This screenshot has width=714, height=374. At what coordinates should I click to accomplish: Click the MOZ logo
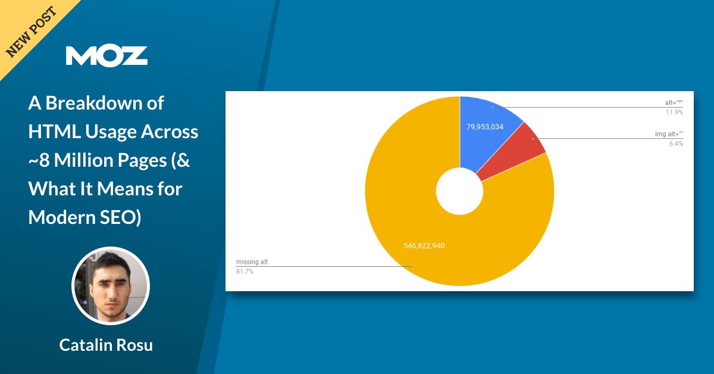click(x=107, y=56)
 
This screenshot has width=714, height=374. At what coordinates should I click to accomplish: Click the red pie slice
click(x=516, y=150)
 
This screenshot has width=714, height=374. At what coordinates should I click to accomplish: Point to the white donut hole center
click(x=459, y=191)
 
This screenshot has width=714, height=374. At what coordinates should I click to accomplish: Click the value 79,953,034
click(x=485, y=127)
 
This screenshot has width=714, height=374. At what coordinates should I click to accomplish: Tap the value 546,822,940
click(x=424, y=246)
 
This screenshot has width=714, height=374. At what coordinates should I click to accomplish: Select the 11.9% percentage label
click(x=674, y=113)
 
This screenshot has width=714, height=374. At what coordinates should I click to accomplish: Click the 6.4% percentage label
click(x=676, y=144)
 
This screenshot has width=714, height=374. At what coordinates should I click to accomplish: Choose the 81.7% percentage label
click(x=245, y=272)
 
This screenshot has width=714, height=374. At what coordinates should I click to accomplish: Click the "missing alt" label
click(x=252, y=262)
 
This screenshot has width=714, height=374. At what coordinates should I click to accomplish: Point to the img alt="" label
click(x=669, y=134)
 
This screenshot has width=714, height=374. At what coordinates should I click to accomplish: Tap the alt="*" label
click(x=674, y=103)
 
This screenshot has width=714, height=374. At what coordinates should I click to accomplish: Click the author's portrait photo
click(x=111, y=286)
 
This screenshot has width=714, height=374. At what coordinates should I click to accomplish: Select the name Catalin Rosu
click(x=106, y=345)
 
